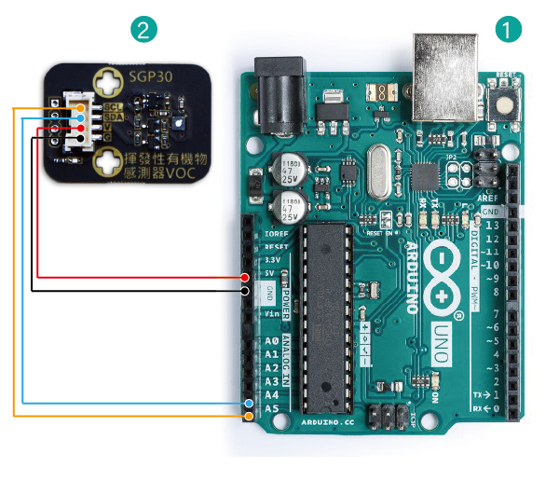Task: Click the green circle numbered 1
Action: coord(507,29)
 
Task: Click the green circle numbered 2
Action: coord(143,29)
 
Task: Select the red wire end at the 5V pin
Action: coord(244,278)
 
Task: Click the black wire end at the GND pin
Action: coord(244,291)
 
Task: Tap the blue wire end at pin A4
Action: coord(249,403)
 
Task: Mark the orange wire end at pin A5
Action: coord(249,415)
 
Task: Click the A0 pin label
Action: coord(271,341)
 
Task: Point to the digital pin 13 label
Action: coord(490,226)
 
